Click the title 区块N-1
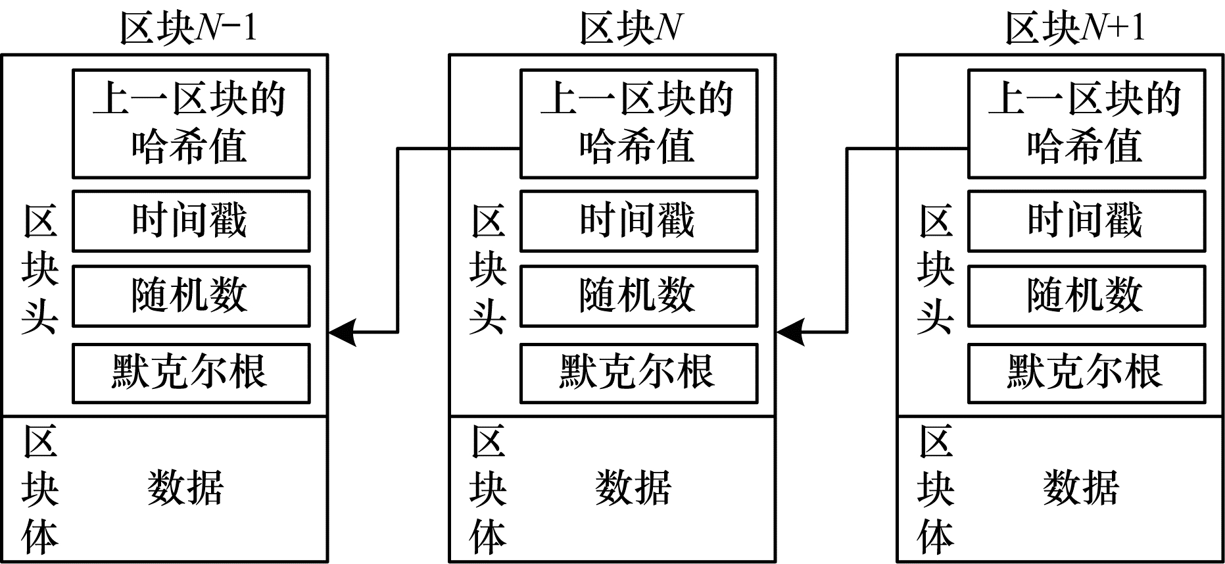(x=188, y=28)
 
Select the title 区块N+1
(x=1076, y=28)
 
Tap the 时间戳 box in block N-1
(x=191, y=221)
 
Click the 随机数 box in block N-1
(x=191, y=295)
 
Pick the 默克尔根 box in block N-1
(x=191, y=372)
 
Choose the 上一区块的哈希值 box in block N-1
(x=191, y=124)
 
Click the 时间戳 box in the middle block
(x=638, y=221)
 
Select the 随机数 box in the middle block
(x=638, y=295)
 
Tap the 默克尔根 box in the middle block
(x=638, y=372)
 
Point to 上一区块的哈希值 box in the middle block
(x=638, y=124)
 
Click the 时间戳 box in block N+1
(x=1086, y=221)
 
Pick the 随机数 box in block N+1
(x=1086, y=295)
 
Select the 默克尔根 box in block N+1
(x=1086, y=372)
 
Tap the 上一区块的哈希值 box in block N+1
(x=1086, y=124)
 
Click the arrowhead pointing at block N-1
(x=342, y=332)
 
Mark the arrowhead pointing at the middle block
(x=790, y=332)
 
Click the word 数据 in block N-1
(x=185, y=488)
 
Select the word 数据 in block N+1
(x=1081, y=488)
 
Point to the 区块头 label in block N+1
(x=936, y=270)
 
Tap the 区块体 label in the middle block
(x=488, y=490)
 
